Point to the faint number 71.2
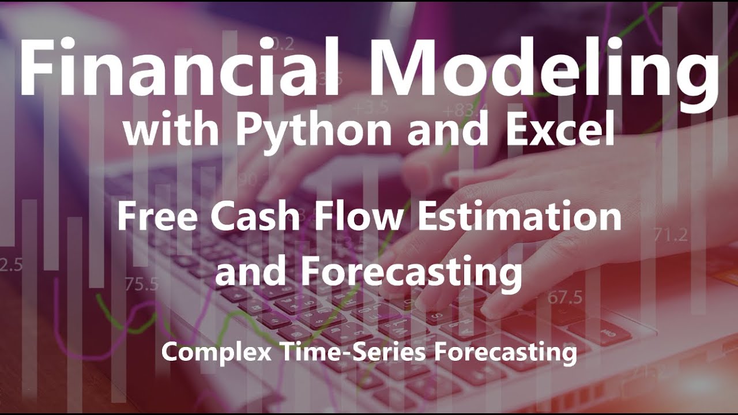tap(671, 235)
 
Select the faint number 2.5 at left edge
tap(10, 265)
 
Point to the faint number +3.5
tap(372, 108)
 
